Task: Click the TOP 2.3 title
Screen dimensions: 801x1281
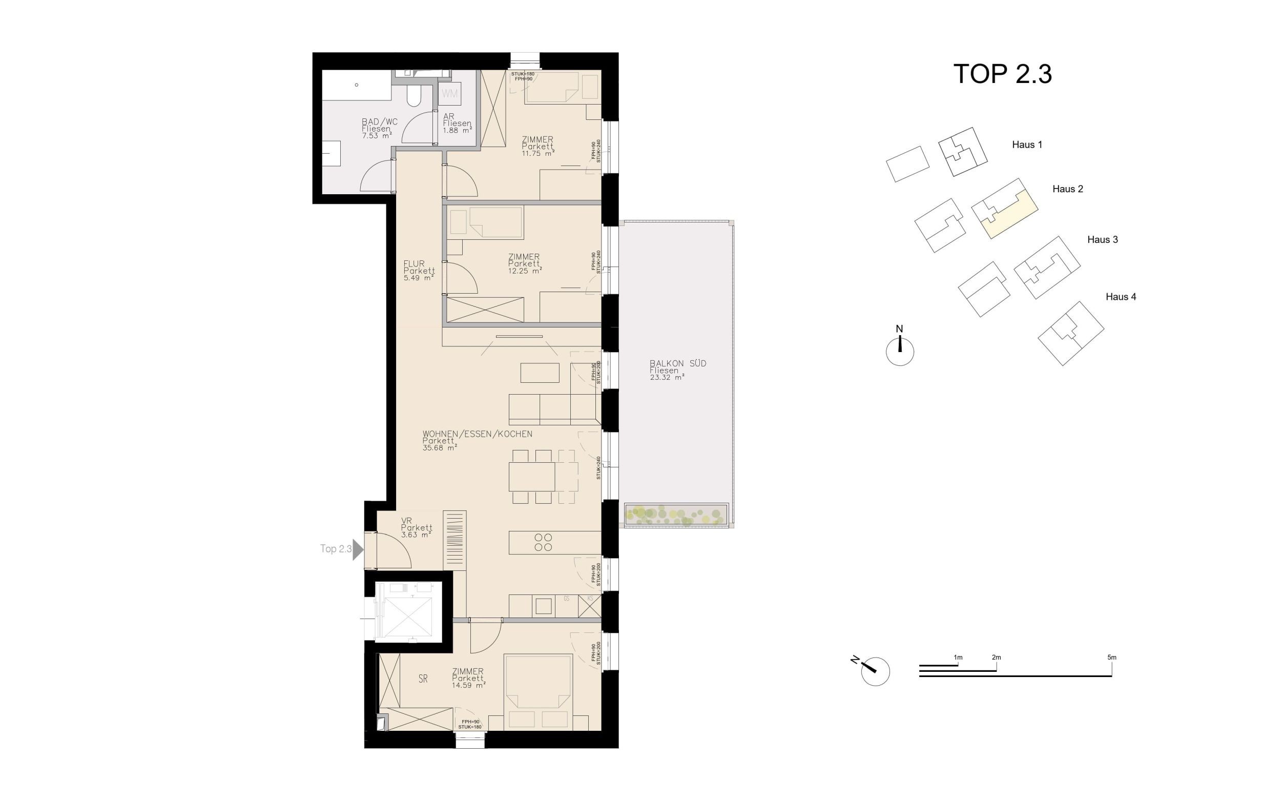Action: (1002, 74)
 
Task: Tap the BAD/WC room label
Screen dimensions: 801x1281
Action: (379, 122)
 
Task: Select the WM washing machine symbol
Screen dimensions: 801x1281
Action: (449, 94)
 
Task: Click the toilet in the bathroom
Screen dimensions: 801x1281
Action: (414, 96)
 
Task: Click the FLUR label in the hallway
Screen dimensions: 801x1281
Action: (414, 264)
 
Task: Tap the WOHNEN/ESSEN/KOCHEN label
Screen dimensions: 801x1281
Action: (477, 434)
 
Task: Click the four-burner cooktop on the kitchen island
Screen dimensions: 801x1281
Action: (543, 542)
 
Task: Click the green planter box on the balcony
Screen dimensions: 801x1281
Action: (676, 515)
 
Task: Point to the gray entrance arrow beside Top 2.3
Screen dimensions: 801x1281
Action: (358, 549)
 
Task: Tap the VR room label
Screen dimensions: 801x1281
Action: (406, 521)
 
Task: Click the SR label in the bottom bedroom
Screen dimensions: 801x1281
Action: (423, 679)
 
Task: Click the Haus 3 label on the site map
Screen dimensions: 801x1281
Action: (1102, 239)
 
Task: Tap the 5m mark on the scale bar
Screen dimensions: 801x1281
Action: (1111, 658)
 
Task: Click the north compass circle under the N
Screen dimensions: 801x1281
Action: (900, 352)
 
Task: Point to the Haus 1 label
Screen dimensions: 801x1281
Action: (1027, 145)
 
